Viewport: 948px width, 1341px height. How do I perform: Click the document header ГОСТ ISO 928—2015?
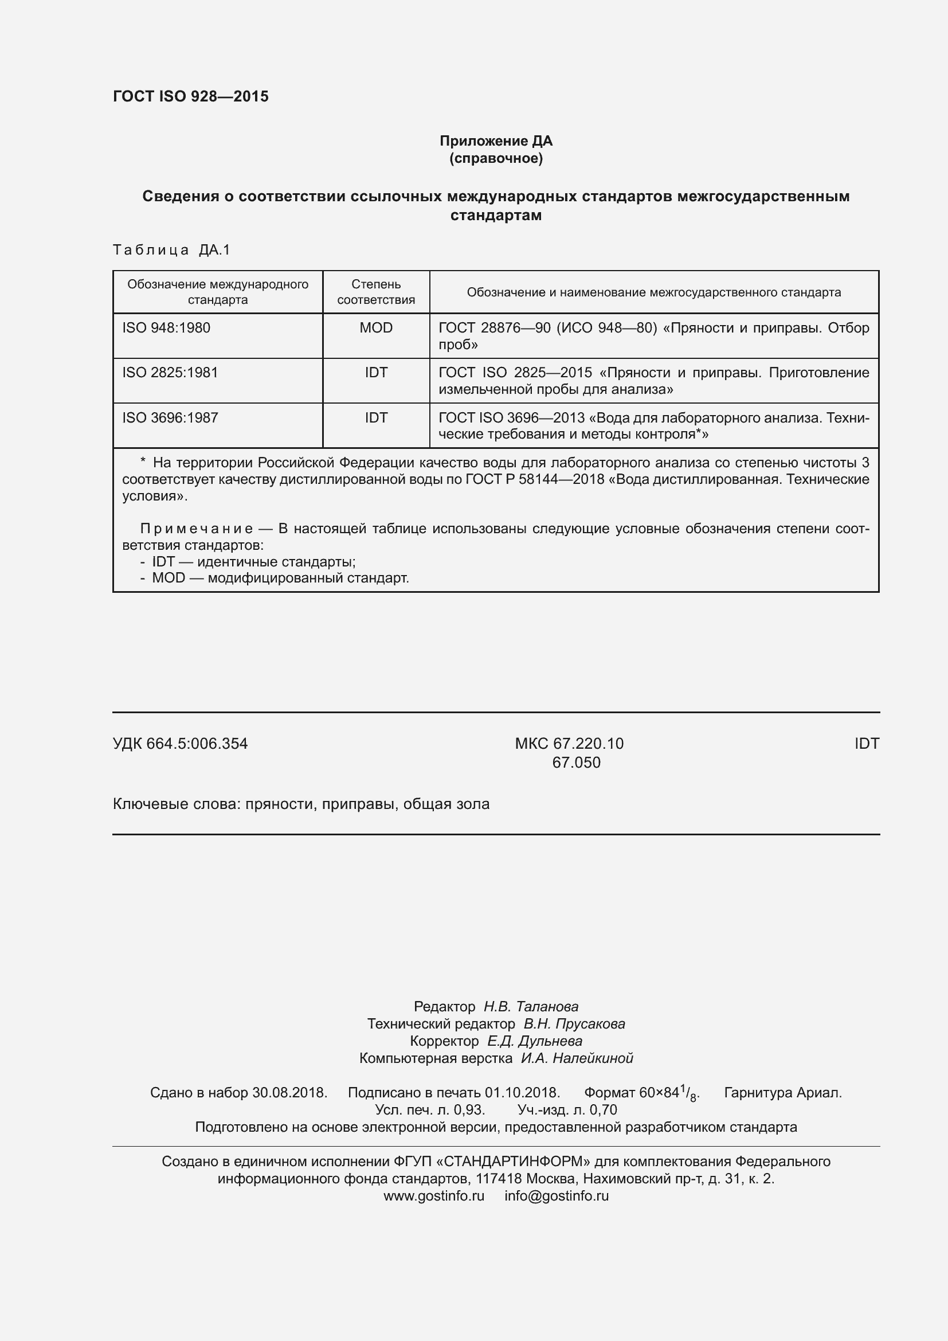(190, 96)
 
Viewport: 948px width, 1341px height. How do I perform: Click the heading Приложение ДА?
(496, 141)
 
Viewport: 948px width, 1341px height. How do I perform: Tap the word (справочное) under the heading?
(496, 158)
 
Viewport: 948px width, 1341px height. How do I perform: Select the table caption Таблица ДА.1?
(171, 250)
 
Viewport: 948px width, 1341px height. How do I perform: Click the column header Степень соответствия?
(376, 292)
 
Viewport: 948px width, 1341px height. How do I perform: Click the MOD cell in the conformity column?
(376, 328)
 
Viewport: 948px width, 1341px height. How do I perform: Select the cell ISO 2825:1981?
(170, 373)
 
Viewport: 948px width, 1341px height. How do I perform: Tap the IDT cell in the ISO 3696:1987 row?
(376, 417)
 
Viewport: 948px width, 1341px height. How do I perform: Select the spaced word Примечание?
(197, 529)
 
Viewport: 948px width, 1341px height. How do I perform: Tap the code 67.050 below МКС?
(576, 762)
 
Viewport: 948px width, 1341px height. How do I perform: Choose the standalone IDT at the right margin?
(866, 744)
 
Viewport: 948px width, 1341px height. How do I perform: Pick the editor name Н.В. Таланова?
(531, 1006)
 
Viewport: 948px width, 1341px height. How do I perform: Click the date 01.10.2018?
(522, 1092)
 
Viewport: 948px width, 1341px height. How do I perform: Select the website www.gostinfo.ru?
(434, 1195)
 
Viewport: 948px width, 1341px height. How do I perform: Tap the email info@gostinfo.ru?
(557, 1195)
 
